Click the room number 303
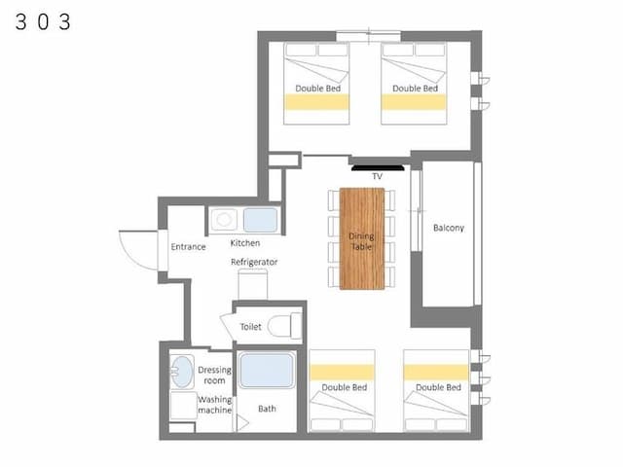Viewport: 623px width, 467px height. point(43,21)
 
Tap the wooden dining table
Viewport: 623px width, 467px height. point(362,238)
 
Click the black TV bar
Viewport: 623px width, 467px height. point(378,168)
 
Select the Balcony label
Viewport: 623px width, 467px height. point(449,228)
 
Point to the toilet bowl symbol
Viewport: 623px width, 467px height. point(285,326)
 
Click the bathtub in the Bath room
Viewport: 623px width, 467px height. point(267,371)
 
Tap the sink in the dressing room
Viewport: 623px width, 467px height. point(181,372)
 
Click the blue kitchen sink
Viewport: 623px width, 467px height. point(260,220)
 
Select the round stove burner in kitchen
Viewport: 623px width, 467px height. point(224,220)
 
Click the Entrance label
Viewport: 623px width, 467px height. point(188,246)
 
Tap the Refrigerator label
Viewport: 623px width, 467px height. point(254,262)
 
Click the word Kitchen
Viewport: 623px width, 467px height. point(245,243)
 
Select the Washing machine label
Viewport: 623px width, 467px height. point(214,405)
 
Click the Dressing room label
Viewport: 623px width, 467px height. point(214,375)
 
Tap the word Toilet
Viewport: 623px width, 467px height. point(251,327)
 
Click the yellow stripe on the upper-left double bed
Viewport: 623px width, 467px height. point(316,102)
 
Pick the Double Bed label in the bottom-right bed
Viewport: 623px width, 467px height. point(439,387)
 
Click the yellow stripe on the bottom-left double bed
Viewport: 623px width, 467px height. point(342,373)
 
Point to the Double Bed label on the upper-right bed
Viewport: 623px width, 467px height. point(416,89)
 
